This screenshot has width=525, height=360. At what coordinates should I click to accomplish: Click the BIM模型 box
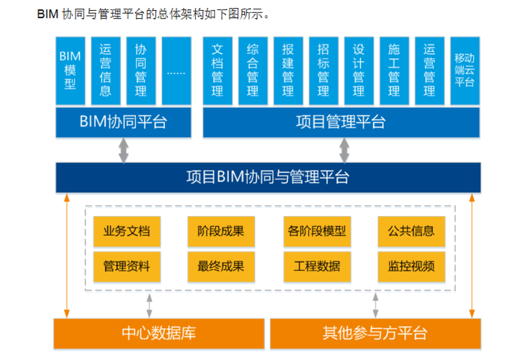tap(70, 71)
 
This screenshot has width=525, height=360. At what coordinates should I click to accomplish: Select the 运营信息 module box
tap(105, 71)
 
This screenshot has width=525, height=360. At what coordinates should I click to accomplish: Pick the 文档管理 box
tap(217, 71)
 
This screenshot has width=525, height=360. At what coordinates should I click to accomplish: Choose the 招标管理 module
tap(323, 71)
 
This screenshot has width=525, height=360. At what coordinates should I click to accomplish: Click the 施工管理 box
tap(394, 71)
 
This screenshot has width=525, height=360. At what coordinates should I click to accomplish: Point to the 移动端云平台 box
tap(465, 71)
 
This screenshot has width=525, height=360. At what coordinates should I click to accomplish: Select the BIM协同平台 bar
tap(123, 122)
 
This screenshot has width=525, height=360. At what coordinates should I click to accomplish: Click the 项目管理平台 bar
tap(341, 122)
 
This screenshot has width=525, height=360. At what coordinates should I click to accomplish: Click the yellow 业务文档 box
tap(127, 231)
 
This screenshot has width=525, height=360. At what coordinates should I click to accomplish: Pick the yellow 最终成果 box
tap(220, 266)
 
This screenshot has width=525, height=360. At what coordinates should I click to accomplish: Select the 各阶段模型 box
tap(316, 231)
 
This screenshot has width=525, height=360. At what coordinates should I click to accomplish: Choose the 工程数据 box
tap(316, 266)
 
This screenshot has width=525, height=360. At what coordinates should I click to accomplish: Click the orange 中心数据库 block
tap(158, 333)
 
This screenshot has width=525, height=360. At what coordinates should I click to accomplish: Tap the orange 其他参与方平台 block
tap(374, 333)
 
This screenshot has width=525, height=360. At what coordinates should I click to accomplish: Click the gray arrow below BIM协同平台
tap(124, 150)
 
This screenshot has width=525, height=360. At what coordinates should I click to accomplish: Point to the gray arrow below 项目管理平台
tap(344, 150)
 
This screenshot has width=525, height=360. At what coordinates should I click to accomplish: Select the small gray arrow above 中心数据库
tap(149, 304)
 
